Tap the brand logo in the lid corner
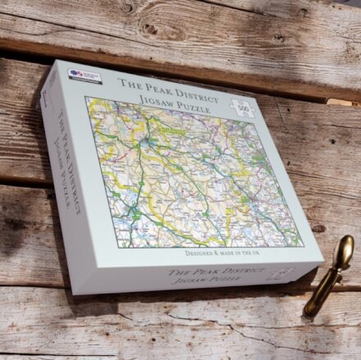(85, 76)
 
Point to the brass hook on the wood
(328, 276)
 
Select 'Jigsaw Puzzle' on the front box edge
(205, 281)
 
